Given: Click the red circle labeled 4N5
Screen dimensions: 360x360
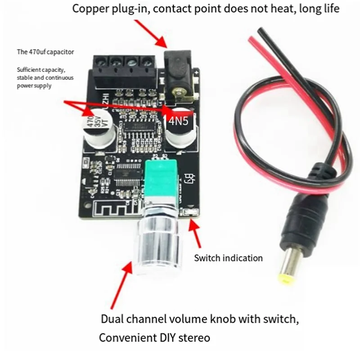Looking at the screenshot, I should [x=178, y=120].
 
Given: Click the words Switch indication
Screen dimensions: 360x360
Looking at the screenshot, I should [x=228, y=258].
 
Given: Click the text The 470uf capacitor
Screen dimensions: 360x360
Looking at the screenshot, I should [x=45, y=52].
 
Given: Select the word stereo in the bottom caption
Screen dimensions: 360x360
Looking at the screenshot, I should [x=195, y=337].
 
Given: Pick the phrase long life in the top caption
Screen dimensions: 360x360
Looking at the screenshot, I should [x=320, y=9].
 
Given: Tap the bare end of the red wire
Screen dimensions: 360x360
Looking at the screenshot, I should [x=255, y=41].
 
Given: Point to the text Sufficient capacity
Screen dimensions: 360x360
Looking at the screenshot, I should [x=40, y=70].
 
